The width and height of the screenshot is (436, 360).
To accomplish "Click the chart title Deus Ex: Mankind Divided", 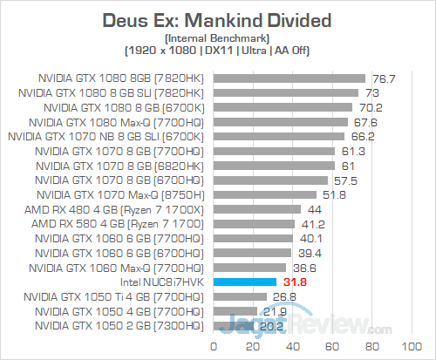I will (x=218, y=19).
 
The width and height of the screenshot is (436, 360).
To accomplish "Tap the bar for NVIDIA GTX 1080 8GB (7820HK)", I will (x=288, y=78).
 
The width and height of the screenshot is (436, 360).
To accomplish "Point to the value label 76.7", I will (x=385, y=78).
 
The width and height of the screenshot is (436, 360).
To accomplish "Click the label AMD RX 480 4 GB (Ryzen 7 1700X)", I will (x=124, y=209).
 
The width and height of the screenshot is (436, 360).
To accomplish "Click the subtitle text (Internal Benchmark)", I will (x=218, y=37).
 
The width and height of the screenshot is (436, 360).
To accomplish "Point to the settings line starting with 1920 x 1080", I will (x=218, y=51).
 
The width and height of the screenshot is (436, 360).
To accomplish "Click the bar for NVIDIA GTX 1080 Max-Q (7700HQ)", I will (x=279, y=121).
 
